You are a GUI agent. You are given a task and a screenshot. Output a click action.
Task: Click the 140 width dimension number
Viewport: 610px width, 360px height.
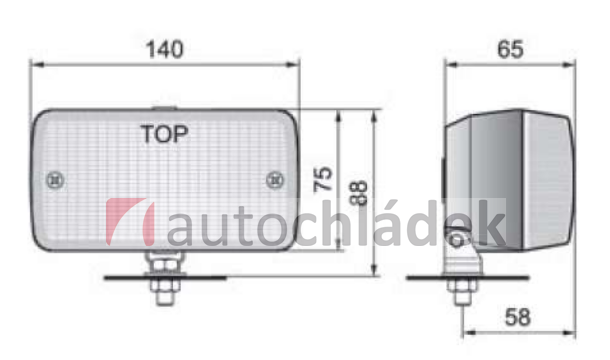(164, 49)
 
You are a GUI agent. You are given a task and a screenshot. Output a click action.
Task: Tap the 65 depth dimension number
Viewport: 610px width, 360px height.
(510, 49)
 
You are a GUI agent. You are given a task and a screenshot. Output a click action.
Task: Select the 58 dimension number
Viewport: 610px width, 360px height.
(517, 317)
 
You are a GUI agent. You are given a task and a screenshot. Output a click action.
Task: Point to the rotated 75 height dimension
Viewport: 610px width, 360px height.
(323, 179)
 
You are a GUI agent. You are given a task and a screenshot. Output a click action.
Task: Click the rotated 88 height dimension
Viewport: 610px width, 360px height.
(358, 192)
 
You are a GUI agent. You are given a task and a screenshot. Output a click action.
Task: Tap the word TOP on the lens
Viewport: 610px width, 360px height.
(164, 134)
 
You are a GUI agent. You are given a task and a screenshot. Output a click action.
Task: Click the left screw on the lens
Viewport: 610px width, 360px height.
(55, 180)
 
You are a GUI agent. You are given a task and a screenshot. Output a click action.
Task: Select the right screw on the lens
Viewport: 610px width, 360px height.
(275, 180)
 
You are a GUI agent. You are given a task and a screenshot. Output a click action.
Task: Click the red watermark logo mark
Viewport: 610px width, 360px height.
(130, 222)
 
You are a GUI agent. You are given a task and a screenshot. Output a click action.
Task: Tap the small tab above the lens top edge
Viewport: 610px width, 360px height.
(165, 108)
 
